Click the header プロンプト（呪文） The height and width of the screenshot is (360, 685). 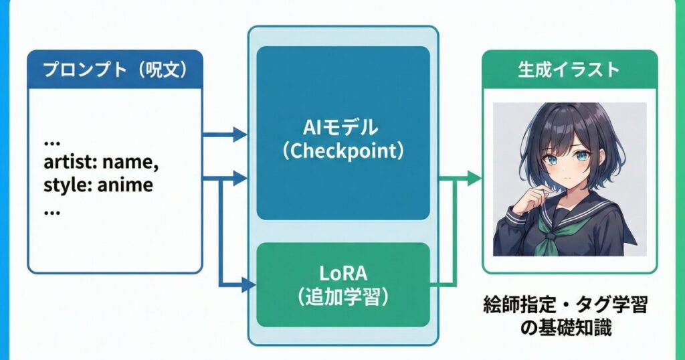pos(114,70)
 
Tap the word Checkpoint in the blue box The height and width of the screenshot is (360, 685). pos(342,150)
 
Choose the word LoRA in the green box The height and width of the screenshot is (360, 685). pos(342,272)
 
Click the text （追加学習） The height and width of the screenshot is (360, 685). pos(342,297)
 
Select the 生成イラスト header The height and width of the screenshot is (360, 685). pos(569,70)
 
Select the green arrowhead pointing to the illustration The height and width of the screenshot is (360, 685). pos(474,178)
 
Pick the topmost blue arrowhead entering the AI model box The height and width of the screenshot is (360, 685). pos(239,134)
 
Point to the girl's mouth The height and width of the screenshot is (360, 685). pos(561,181)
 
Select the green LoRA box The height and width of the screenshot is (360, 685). pos(342,284)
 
